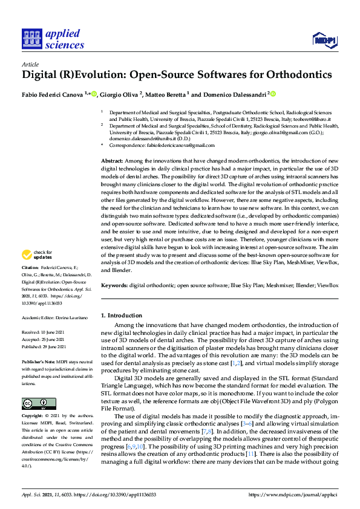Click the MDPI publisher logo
coord(324,40)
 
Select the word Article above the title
coord(30,63)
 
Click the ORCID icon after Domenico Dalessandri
coord(273,94)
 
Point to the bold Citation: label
coord(30,284)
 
